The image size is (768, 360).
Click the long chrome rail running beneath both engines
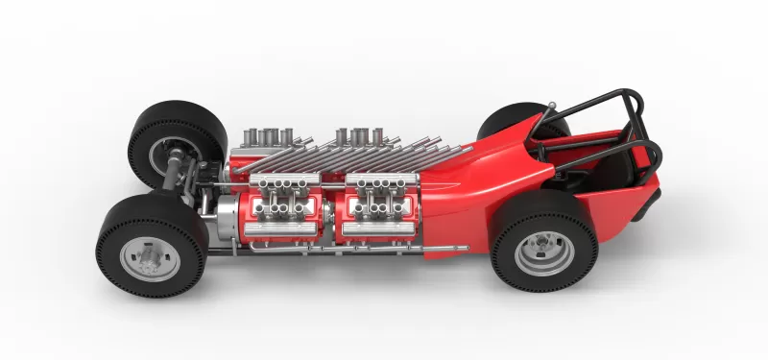[x=336, y=252]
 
